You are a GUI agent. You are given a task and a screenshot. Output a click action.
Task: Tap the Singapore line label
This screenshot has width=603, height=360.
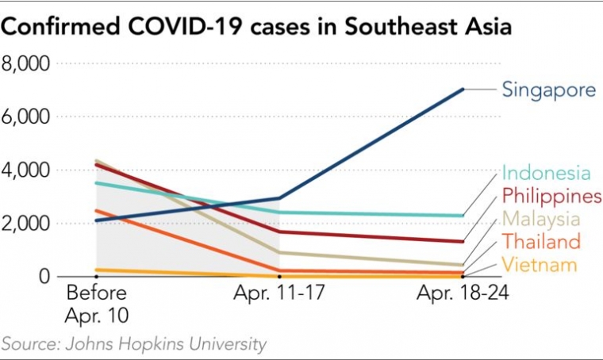[x=548, y=90]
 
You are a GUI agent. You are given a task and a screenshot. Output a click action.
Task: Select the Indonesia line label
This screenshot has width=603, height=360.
[x=547, y=173]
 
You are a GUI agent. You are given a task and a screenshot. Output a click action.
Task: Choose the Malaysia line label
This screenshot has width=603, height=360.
[x=541, y=218]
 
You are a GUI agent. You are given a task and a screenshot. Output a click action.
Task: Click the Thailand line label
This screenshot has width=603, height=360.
[x=542, y=241]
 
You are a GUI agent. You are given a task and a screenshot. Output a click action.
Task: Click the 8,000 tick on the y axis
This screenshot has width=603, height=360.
[x=27, y=63]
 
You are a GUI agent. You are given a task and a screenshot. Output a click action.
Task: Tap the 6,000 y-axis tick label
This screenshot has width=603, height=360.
[x=27, y=117]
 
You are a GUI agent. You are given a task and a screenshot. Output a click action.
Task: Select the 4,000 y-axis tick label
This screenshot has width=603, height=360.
[x=27, y=170]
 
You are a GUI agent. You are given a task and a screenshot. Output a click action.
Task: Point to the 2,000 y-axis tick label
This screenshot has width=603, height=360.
[x=27, y=223]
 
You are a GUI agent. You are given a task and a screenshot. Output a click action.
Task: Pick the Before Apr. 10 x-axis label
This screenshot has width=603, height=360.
[x=97, y=303]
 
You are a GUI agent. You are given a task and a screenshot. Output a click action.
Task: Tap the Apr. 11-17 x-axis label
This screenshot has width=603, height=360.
[x=278, y=293]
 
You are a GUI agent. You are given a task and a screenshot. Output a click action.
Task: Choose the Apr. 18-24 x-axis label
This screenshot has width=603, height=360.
[x=463, y=293]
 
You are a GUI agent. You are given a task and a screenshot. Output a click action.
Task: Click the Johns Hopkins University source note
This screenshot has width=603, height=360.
[x=133, y=344]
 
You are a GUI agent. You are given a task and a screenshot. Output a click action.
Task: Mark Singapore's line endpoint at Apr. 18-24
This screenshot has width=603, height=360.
[x=463, y=89]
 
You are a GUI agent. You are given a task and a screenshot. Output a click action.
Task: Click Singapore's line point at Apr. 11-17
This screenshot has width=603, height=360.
[x=279, y=198]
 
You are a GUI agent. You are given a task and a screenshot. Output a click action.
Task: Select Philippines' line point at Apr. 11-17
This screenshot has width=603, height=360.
[x=279, y=232]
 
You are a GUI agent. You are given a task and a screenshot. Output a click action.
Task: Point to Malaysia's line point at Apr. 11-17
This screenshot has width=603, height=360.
[x=279, y=252]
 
